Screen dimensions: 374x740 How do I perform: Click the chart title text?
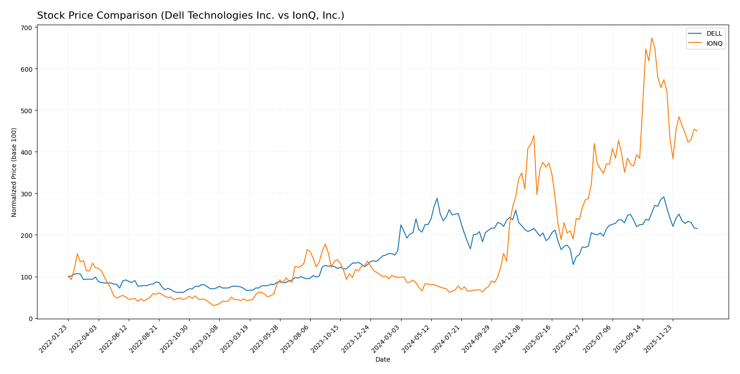(x=190, y=16)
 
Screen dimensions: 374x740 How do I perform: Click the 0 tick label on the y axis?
(x=30, y=319)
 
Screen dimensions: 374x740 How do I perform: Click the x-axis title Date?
(x=382, y=360)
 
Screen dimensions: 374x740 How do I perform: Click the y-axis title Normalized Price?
(x=14, y=172)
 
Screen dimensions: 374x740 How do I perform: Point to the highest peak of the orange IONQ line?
(x=651, y=38)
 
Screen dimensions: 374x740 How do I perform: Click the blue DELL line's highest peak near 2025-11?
(x=664, y=197)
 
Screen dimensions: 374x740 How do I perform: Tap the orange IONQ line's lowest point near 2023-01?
(x=213, y=306)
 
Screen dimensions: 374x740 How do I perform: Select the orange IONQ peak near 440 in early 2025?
(x=534, y=135)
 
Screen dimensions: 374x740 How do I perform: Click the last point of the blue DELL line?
(x=697, y=229)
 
